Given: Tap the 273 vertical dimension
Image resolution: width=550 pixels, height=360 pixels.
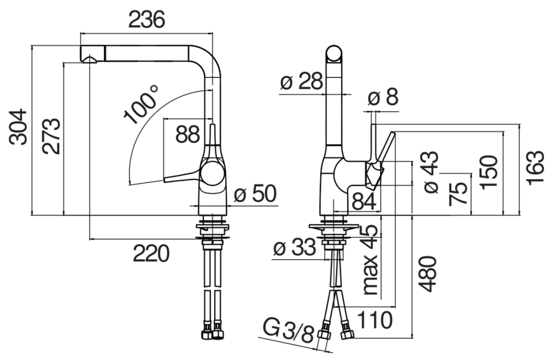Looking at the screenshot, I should [x=51, y=136].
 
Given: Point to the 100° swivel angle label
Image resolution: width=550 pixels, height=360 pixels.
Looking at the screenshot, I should [x=142, y=107].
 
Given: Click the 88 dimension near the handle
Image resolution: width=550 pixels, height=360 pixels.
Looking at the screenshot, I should [x=188, y=135].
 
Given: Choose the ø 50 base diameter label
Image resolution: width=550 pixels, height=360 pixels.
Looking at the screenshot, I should [x=255, y=195].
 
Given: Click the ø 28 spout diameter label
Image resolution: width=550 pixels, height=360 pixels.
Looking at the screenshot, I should [x=301, y=82].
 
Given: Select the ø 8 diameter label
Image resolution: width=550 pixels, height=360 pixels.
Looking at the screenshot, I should [x=383, y=97].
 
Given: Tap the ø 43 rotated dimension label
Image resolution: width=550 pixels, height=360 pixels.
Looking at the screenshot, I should [x=430, y=171].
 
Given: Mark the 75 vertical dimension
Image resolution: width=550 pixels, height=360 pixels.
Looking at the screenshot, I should [x=458, y=193].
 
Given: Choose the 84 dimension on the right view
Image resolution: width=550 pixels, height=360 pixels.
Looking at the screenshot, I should [x=364, y=201].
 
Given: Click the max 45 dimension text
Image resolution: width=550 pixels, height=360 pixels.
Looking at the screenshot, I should [x=371, y=260].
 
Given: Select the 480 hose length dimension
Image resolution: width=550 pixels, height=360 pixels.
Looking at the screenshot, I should [x=428, y=274].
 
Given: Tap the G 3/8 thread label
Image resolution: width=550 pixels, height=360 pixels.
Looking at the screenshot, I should [x=289, y=333].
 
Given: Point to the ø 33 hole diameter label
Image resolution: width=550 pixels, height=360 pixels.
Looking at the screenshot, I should [x=295, y=248].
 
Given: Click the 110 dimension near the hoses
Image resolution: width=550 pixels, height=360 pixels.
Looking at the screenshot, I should [x=374, y=320].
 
